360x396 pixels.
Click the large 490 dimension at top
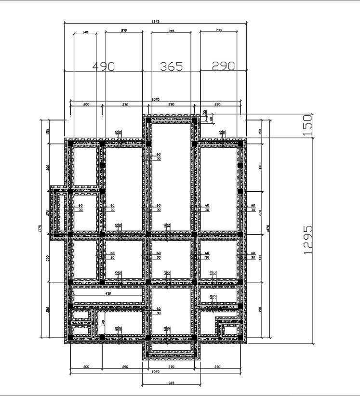point(103,66)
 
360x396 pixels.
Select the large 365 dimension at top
point(171,66)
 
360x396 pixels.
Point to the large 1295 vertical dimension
point(309,239)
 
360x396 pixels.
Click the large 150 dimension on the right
point(308,125)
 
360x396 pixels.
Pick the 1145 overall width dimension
point(155,22)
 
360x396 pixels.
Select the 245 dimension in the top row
point(171,31)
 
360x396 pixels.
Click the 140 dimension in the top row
point(85,32)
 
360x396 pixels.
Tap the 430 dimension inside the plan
point(108,293)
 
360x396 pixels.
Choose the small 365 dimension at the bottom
point(171,383)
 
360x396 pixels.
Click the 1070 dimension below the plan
point(155,371)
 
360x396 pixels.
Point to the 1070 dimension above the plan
point(155,100)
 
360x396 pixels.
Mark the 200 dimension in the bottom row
point(86,367)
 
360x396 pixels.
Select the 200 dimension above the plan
point(86,104)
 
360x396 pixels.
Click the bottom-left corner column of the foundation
point(70,339)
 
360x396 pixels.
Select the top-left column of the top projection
point(147,119)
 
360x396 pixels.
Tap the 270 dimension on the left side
point(47,212)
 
